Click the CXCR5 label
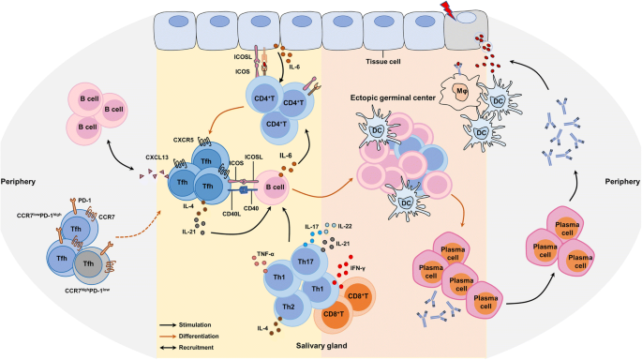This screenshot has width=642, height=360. pos(182,114)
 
